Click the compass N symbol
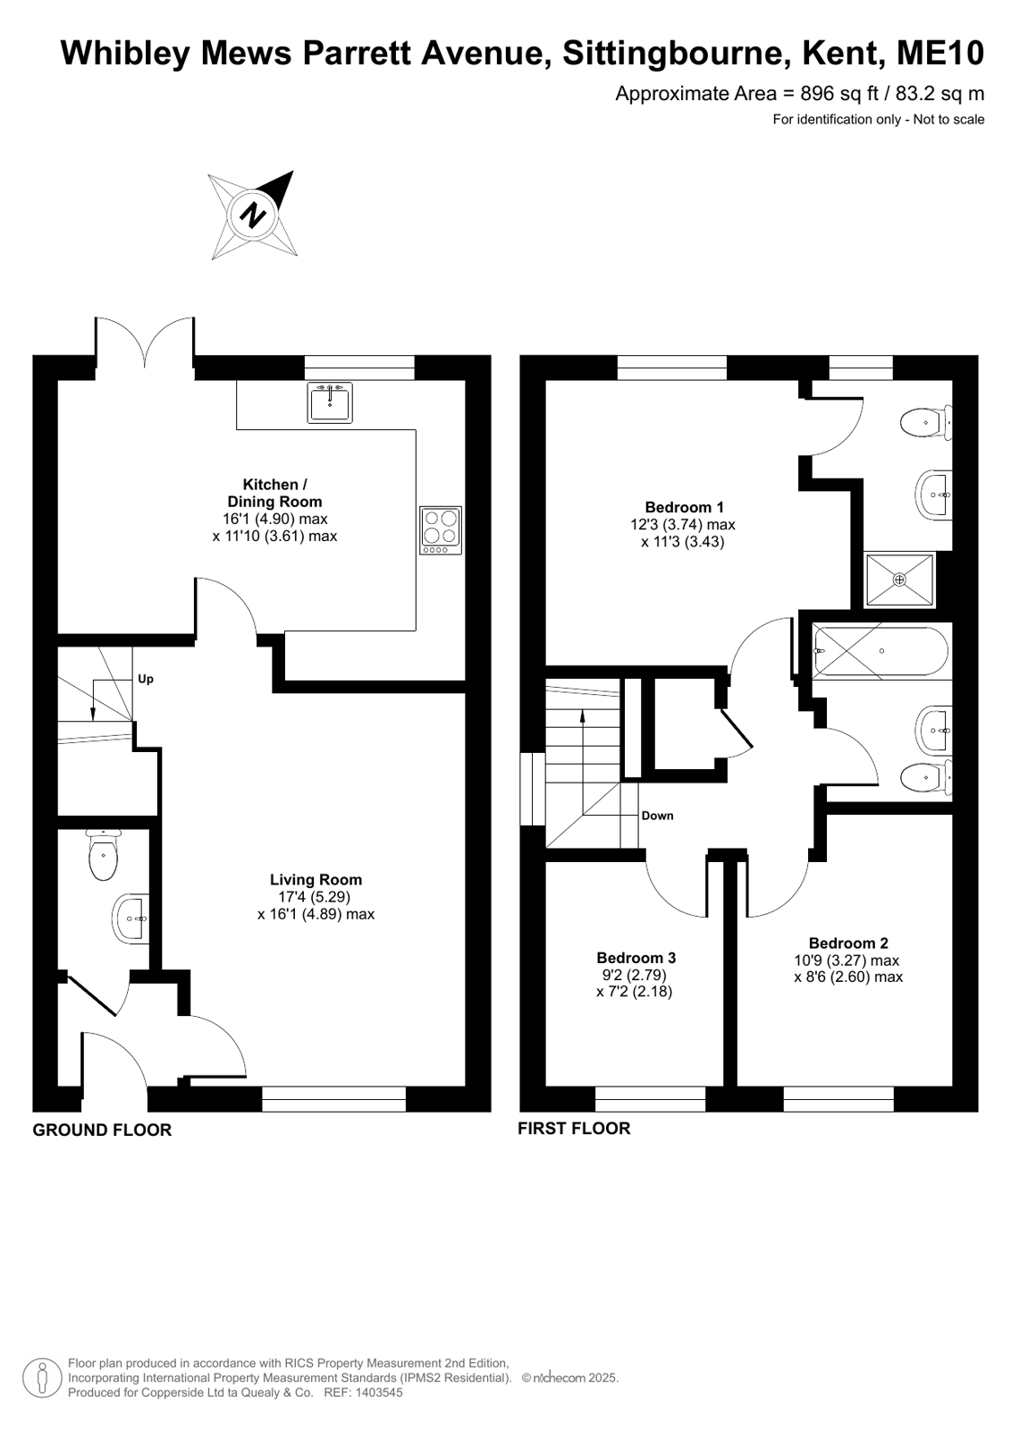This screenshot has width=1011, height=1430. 253,215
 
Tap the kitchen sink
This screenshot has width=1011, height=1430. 329,402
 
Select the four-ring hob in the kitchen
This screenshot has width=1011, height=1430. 441,529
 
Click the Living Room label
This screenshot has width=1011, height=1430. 316,879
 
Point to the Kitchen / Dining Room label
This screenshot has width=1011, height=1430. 274,493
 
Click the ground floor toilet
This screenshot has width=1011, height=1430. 104,854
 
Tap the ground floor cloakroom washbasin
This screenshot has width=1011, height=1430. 131,918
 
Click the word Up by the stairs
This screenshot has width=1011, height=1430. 146,680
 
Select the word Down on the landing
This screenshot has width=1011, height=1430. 657,816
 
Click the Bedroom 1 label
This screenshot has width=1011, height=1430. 684,507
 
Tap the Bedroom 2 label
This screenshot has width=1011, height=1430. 848,943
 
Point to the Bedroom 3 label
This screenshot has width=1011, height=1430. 636,958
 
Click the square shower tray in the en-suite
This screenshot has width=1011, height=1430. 899,579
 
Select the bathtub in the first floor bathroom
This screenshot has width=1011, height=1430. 881,651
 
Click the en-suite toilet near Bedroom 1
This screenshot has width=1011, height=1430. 926,422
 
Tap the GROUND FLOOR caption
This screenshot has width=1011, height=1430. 102,1130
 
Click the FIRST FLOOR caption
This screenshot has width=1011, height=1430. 574,1128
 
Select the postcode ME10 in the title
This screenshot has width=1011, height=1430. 940,53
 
